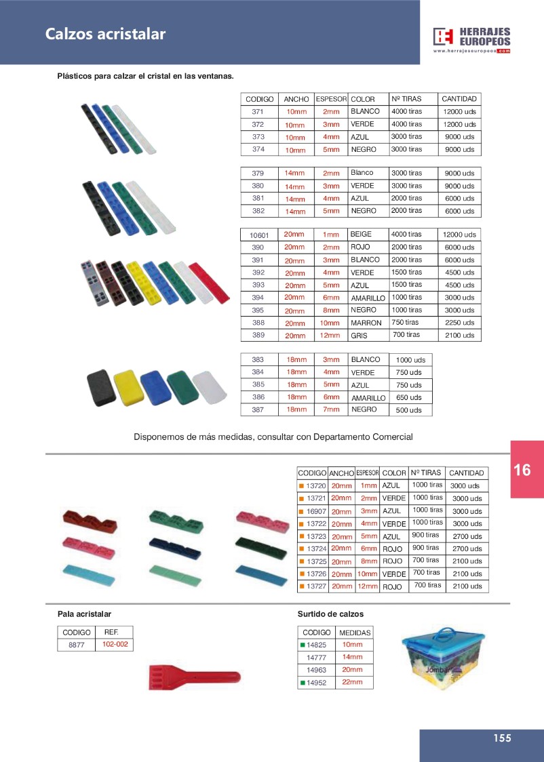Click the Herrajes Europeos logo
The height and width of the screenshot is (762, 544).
click(x=471, y=39)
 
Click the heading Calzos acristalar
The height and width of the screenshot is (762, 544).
click(x=105, y=34)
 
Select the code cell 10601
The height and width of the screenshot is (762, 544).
click(x=259, y=235)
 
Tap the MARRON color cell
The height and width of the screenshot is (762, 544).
click(x=367, y=323)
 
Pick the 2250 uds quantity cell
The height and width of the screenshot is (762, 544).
click(x=460, y=323)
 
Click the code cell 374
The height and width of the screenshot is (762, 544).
click(x=258, y=149)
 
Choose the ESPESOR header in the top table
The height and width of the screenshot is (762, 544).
click(x=331, y=99)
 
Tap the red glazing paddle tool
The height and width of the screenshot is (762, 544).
click(x=194, y=676)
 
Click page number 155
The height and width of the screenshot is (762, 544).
click(x=502, y=738)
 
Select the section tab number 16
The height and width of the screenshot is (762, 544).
click(x=522, y=470)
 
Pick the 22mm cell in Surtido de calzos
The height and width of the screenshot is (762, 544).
click(x=353, y=682)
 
